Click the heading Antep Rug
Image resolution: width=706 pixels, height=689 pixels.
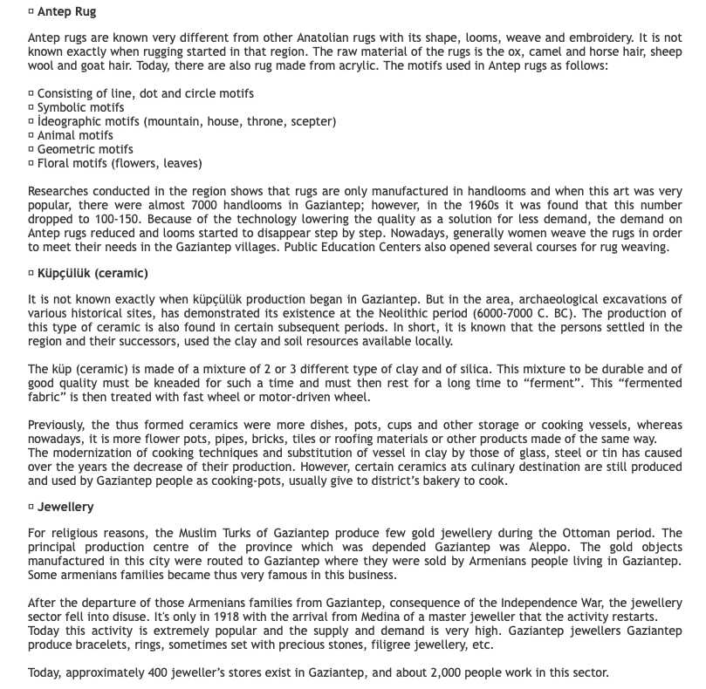(66, 12)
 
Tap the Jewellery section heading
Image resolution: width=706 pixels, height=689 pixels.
(65, 507)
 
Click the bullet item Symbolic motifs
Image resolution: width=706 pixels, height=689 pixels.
(80, 107)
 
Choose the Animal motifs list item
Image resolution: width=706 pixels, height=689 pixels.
(75, 135)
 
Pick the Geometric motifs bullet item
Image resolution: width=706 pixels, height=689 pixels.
(85, 149)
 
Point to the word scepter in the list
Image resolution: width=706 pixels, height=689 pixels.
(312, 121)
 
